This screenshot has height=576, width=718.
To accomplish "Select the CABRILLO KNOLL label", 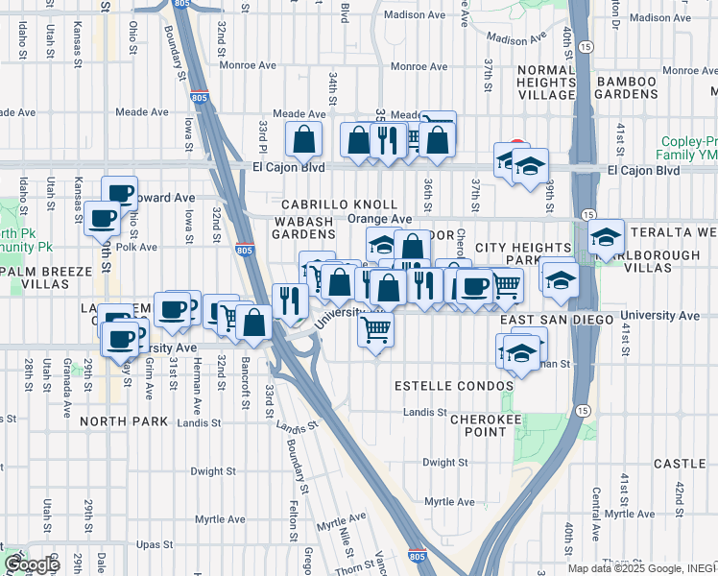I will click(339, 204).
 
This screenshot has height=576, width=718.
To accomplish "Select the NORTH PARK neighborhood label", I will click(124, 421).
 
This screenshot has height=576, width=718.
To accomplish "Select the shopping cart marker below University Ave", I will click(376, 330).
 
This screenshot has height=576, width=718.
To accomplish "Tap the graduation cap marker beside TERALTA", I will click(606, 236).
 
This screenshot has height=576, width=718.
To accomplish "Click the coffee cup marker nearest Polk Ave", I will click(101, 218).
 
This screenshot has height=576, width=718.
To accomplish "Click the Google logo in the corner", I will click(32, 564).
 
